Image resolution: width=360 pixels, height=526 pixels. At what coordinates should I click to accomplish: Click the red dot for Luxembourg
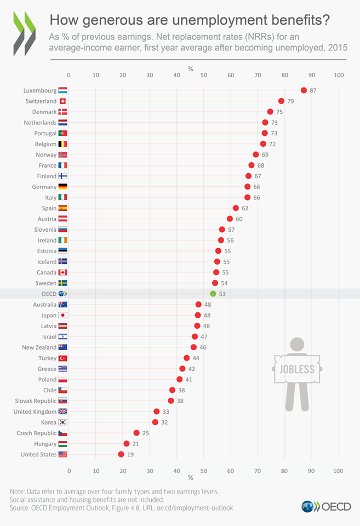coord(304,90)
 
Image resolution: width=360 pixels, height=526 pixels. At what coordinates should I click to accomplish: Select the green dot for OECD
coord(213,294)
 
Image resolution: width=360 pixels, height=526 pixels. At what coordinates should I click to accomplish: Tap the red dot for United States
coord(121,454)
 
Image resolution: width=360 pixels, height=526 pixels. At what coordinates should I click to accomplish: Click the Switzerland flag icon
coord(62,101)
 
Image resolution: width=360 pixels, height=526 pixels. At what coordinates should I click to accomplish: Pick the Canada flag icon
coord(62,272)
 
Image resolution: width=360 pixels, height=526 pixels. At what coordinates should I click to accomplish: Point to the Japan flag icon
coord(62,315)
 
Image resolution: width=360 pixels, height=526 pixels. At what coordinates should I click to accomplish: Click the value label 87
coord(313,90)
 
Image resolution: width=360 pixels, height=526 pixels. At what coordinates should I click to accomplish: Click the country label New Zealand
coord(39,347)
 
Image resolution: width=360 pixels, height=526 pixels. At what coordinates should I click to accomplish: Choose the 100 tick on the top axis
coord(338,75)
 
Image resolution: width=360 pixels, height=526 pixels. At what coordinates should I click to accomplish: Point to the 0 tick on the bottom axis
coord(69,470)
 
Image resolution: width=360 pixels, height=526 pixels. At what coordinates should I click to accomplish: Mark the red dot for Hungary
coord(127,443)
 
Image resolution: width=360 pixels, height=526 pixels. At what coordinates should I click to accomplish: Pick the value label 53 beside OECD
coord(222,294)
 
